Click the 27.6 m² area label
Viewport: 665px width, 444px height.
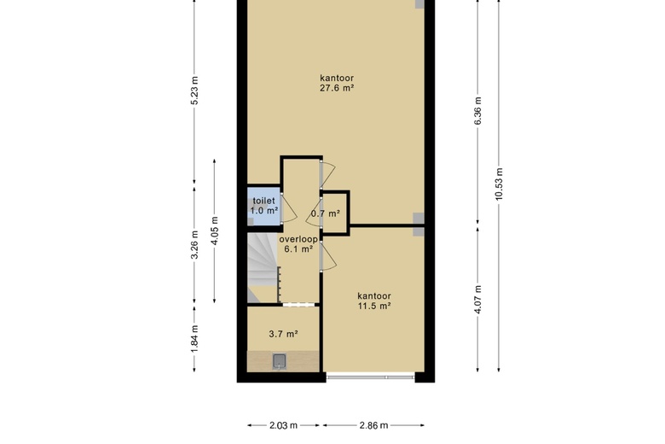click(337, 89)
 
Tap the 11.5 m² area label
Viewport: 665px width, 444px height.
click(373, 306)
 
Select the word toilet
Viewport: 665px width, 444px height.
click(263, 201)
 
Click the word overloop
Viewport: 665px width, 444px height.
click(298, 239)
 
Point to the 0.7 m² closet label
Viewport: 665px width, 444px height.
click(326, 213)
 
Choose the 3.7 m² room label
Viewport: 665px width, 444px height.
click(283, 334)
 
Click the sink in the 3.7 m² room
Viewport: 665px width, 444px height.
click(279, 361)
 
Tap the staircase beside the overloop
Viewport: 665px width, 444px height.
click(263, 267)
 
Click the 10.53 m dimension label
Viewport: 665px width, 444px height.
click(499, 184)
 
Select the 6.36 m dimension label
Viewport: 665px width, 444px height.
click(478, 111)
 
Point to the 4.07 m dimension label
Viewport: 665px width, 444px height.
click(478, 300)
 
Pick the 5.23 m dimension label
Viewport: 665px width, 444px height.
click(194, 91)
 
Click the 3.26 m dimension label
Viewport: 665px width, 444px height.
click(194, 245)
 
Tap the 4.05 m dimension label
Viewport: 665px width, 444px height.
click(215, 231)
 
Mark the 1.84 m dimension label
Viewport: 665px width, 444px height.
click(194, 339)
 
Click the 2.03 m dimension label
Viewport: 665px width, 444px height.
click(283, 425)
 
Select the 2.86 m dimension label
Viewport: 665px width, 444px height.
click(373, 425)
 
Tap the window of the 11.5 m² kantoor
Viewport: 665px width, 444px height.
click(370, 377)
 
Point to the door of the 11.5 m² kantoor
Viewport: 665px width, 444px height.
click(328, 256)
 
